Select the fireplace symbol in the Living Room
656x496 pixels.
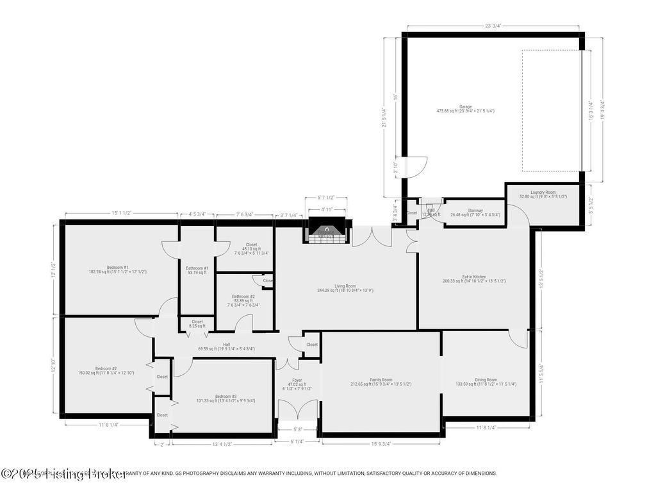[326, 230]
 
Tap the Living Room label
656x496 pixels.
[345, 288]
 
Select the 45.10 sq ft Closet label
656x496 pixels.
[251, 247]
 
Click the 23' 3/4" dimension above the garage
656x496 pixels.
[492, 26]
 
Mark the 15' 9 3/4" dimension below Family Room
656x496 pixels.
[381, 443]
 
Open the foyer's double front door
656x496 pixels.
[298, 411]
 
